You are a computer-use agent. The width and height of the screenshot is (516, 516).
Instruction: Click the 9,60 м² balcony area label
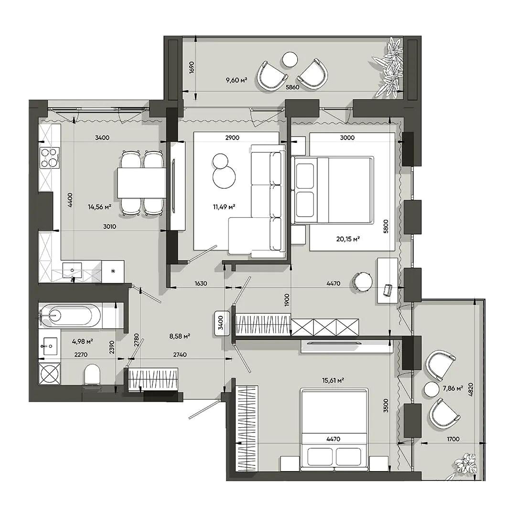tap(236, 80)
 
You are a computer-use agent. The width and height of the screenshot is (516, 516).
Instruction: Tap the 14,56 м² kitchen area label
tap(99, 207)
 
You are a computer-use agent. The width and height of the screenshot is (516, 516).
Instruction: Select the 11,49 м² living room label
tap(224, 207)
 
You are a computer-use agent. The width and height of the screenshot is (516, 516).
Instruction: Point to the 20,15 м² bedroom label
tap(348, 239)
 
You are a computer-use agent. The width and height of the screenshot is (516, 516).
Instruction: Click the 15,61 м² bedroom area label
tap(333, 380)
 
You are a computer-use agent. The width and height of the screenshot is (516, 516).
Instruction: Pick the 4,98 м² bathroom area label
tap(82, 342)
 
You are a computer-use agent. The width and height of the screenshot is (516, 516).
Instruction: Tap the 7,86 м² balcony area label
tap(453, 388)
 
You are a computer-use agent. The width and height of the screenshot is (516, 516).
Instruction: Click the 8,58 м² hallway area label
tap(180, 336)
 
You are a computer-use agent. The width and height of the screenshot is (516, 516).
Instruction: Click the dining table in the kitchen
tap(141, 183)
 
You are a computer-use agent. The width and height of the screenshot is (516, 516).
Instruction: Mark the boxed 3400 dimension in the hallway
tap(221, 323)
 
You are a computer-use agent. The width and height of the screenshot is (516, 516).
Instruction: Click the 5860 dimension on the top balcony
tap(292, 87)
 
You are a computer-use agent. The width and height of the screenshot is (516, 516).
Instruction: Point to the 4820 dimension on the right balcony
tap(471, 389)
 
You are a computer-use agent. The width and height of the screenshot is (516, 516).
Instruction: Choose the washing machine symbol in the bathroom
tap(50, 374)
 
